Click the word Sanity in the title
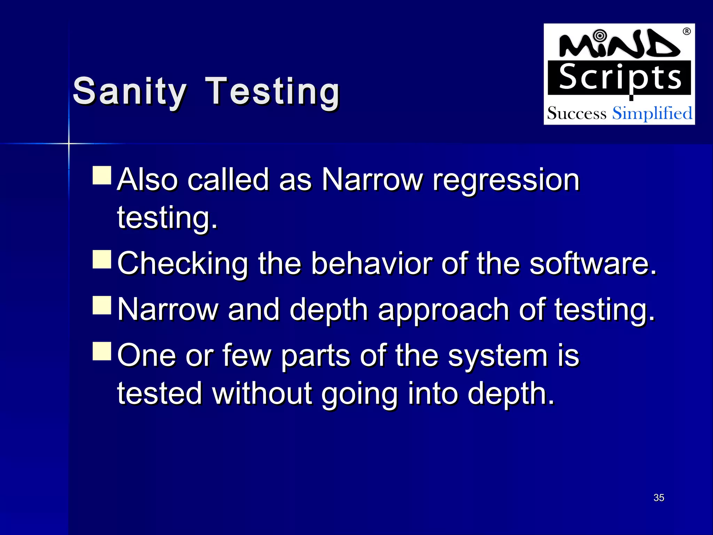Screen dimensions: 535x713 point(130,92)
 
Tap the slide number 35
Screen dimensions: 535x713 point(659,497)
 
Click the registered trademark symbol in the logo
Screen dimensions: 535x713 point(687,32)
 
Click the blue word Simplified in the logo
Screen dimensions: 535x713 point(652,114)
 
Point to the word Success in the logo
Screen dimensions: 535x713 point(577,114)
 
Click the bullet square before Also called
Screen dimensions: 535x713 point(102,175)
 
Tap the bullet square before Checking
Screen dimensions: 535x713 point(102,259)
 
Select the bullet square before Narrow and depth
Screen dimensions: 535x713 point(102,305)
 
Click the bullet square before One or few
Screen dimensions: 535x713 point(102,351)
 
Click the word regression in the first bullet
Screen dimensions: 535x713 point(506,180)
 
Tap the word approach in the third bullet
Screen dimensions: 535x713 point(444,310)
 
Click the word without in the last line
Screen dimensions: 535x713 point(262,394)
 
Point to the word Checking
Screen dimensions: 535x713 point(182,264)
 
